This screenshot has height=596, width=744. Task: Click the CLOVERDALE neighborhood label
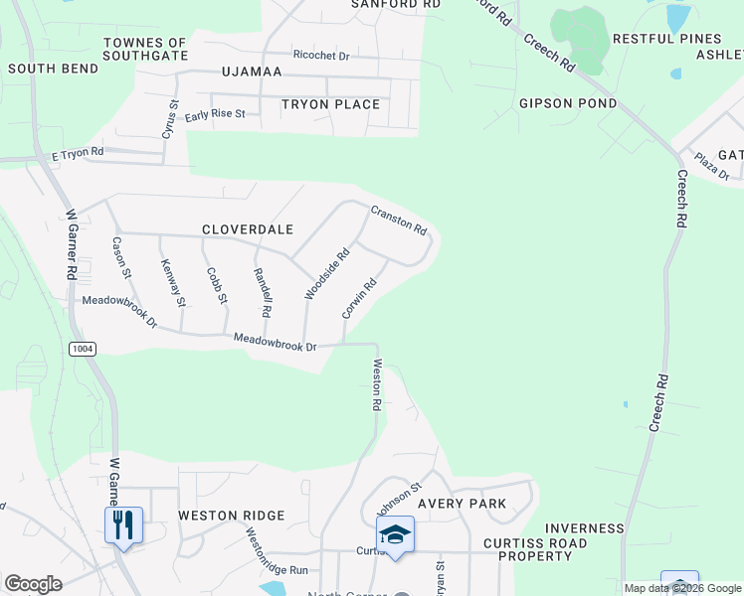[248, 229]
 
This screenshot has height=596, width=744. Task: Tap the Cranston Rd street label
[399, 220]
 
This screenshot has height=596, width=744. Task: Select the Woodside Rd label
[327, 273]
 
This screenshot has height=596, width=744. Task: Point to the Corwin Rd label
[359, 298]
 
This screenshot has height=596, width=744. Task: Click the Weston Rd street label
[377, 385]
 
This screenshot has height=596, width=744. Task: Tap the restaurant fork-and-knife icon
[123, 523]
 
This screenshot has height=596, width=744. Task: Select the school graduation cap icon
[395, 534]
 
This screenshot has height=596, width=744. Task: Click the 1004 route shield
[83, 349]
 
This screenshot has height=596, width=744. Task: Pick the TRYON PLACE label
[330, 104]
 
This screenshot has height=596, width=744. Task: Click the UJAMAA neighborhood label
[253, 73]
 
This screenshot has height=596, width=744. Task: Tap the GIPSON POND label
[568, 103]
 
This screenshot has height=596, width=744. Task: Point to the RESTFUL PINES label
[665, 39]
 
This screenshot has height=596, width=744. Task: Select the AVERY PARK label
[462, 504]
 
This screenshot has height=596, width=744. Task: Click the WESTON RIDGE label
[231, 516]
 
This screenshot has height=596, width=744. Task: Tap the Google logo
[33, 584]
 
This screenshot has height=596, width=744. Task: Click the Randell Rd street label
[262, 293]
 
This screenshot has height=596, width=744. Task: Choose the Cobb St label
[217, 285]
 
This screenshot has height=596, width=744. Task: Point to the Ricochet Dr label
[320, 56]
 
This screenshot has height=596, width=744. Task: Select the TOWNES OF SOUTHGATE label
[145, 50]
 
